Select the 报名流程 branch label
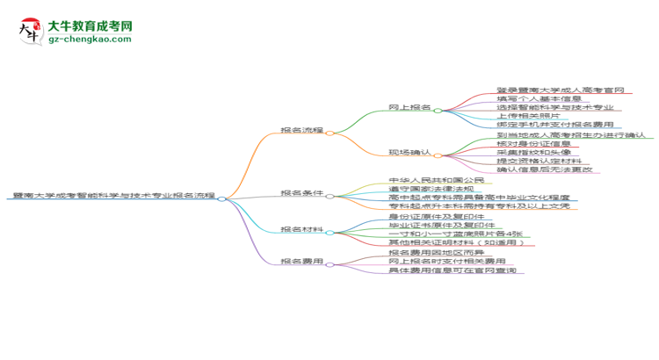(x=301, y=130)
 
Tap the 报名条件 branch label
(x=301, y=192)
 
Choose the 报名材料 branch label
(x=301, y=229)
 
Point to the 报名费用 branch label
(x=301, y=261)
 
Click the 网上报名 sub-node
(x=409, y=107)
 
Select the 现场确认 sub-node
(x=409, y=152)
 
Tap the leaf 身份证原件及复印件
(x=435, y=216)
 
